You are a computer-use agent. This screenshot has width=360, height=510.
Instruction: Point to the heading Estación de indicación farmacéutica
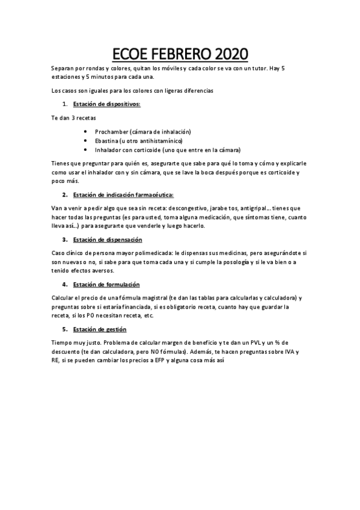tap(123, 195)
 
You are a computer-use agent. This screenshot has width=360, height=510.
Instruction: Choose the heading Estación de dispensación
tap(108, 239)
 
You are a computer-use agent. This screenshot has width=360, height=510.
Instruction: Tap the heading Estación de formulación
tap(106, 284)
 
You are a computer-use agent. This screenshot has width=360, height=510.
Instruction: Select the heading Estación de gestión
tap(100, 329)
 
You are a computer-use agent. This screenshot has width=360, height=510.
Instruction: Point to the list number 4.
tap(65, 284)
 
